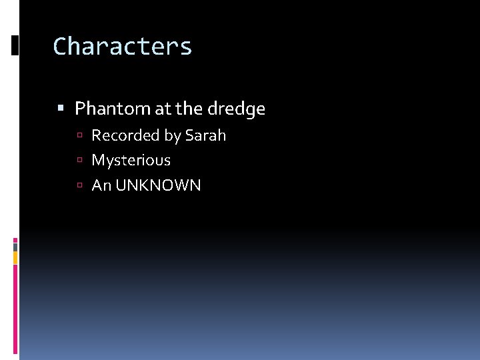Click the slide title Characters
click(123, 47)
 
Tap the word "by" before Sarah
click(172, 136)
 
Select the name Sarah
click(205, 135)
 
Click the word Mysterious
click(131, 161)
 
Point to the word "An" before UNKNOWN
click(101, 185)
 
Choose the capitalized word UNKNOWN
click(158, 185)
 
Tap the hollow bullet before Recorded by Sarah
click(79, 136)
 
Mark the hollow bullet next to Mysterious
click(79, 161)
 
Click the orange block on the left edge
click(15, 257)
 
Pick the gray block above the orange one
click(15, 247)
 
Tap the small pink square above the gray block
click(15, 240)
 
